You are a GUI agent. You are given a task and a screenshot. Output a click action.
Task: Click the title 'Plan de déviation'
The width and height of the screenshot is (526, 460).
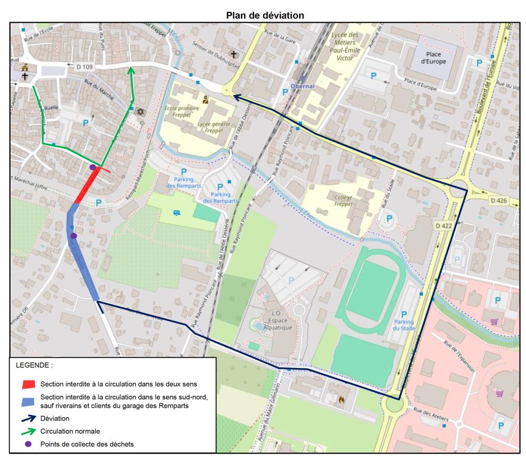click(x=265, y=15)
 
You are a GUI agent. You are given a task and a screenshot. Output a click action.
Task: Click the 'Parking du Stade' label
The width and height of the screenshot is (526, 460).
click(x=404, y=322)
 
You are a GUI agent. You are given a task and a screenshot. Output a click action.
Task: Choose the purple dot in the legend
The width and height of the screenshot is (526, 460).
click(x=28, y=444)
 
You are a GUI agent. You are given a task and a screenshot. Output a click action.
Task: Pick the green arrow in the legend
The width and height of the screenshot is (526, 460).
click(x=29, y=432)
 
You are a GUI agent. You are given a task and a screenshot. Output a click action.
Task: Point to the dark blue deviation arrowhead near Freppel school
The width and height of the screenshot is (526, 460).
click(x=236, y=96)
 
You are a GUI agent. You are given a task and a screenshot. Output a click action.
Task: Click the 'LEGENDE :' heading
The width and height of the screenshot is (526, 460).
click(x=34, y=365)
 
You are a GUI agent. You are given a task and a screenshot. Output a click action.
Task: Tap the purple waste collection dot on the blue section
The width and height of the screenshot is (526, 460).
click(x=74, y=236)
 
